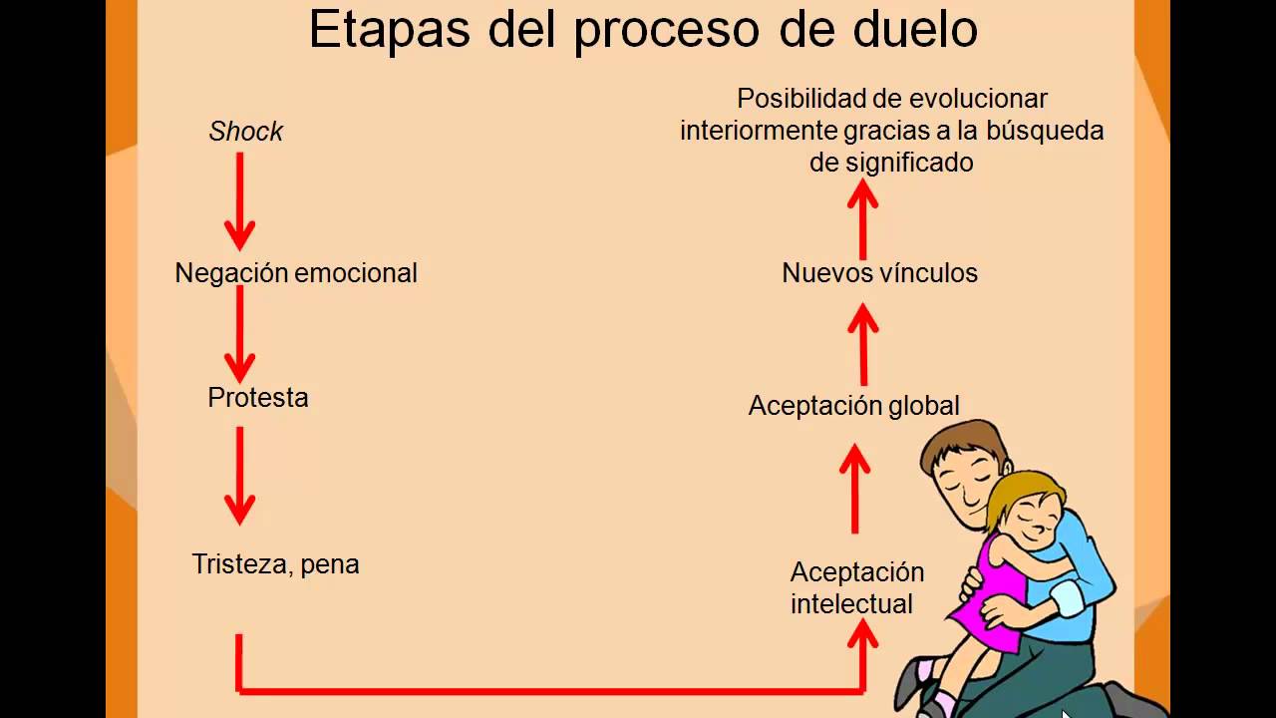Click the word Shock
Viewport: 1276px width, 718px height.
(x=245, y=132)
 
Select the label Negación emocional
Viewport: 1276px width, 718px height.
(x=296, y=273)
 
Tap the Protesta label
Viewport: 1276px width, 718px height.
(x=258, y=398)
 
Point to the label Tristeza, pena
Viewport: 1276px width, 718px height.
(x=275, y=564)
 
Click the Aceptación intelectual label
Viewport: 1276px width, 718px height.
(x=856, y=588)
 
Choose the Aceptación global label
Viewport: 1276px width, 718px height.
(x=853, y=406)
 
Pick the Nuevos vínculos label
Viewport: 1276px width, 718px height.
(x=879, y=273)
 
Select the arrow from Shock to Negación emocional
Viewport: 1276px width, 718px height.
(x=239, y=199)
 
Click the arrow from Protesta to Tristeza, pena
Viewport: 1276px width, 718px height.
(x=239, y=475)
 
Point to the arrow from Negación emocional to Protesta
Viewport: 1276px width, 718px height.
(x=239, y=334)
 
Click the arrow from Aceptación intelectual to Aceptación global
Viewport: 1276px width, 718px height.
(x=854, y=489)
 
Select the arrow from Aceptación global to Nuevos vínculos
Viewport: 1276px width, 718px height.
(x=863, y=344)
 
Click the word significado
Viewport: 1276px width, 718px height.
(x=910, y=163)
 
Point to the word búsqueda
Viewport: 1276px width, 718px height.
(x=1045, y=131)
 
